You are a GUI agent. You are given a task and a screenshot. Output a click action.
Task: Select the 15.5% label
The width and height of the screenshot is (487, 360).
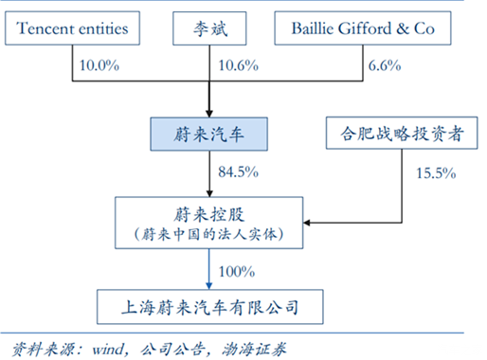436,173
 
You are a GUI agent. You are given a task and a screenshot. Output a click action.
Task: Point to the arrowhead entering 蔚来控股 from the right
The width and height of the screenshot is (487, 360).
308,224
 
